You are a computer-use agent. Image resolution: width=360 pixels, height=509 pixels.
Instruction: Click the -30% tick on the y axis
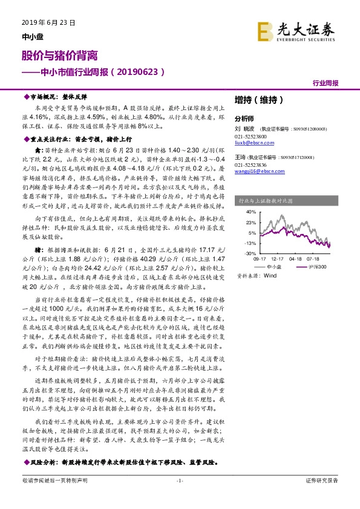(249, 253)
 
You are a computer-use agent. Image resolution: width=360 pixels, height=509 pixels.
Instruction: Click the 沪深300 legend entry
(317, 266)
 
